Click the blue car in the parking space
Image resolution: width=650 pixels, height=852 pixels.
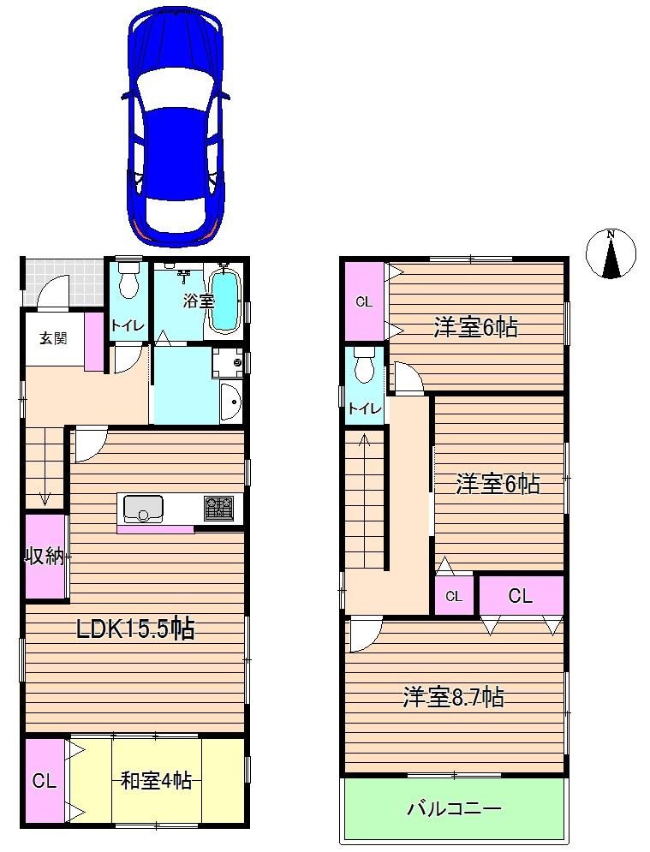click(x=178, y=124)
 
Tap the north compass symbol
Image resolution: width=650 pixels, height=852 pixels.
click(x=611, y=253)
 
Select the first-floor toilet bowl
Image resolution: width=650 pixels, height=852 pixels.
click(x=128, y=280)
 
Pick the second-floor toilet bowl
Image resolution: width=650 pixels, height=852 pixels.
click(x=365, y=366)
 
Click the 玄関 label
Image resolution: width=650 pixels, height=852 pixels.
click(x=52, y=338)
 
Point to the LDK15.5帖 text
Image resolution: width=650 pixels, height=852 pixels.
click(x=135, y=630)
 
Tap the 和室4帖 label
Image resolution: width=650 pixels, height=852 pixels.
click(x=156, y=781)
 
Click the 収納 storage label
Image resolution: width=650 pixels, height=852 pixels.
click(x=44, y=557)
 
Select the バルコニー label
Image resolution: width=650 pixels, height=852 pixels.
click(x=453, y=808)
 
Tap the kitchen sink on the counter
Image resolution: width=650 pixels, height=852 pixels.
click(x=142, y=509)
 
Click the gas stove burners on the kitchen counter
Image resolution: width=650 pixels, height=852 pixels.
click(x=218, y=508)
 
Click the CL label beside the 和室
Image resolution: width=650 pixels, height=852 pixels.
click(x=44, y=781)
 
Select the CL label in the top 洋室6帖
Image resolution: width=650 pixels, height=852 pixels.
click(x=364, y=301)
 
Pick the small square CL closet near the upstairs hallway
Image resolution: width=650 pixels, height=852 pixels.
click(x=454, y=596)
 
